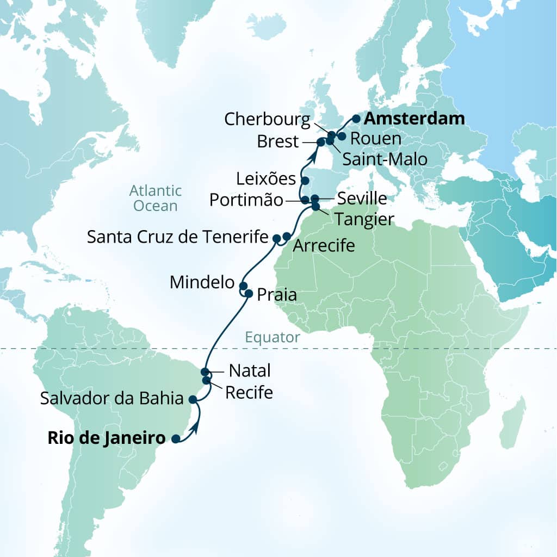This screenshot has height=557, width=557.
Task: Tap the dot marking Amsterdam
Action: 356,118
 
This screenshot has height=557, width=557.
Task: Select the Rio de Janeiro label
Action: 106,438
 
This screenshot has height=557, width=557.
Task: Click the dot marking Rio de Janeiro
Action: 176,438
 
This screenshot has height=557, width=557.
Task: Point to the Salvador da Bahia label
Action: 112,399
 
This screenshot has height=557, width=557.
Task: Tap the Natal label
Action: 250,371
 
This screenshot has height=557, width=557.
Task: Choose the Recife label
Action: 249,392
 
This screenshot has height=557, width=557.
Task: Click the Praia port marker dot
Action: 249,294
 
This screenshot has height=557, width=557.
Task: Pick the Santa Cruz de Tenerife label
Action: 178,237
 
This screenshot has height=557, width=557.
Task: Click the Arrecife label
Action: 324,246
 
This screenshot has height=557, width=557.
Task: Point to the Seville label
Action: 362,199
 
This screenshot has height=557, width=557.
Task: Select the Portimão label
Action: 246,200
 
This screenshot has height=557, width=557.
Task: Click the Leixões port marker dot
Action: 305,181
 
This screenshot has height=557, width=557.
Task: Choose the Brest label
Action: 277,142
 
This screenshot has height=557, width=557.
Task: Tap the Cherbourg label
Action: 267,119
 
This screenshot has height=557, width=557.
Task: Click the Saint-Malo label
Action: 385,159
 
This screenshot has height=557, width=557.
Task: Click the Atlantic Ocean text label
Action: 155,198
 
